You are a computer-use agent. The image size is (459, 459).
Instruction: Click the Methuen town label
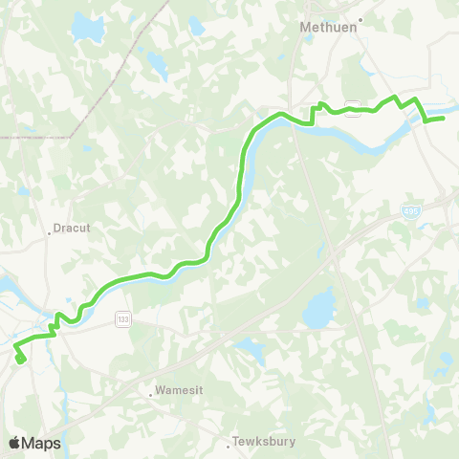[x=329, y=29]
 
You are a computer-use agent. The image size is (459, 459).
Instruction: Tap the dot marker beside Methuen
[x=361, y=18]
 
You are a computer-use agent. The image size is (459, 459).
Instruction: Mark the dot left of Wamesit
[x=151, y=392]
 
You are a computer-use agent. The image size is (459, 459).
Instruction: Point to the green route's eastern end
[x=442, y=119]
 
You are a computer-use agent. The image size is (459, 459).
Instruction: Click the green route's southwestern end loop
[x=20, y=359]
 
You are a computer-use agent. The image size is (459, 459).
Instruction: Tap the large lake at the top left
[x=87, y=31]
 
